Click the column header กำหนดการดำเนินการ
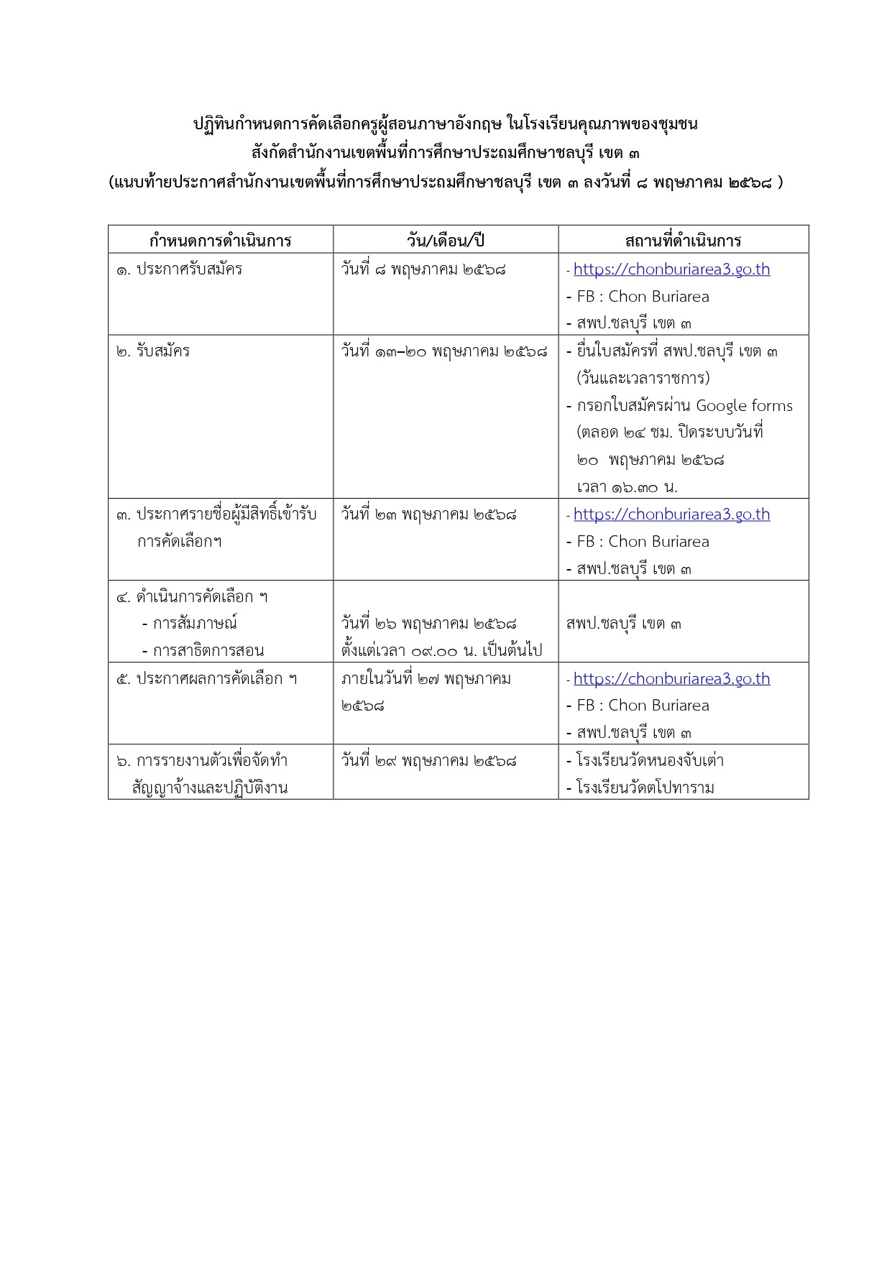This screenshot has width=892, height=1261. pos(220,240)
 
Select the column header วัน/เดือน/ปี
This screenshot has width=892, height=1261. pos(446,240)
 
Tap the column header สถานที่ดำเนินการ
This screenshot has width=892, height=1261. pos(683,240)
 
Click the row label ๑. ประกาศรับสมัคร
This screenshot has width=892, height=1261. pos(180,269)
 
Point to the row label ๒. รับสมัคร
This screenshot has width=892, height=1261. pos(153,351)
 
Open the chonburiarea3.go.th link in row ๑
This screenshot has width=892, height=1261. pos(671,269)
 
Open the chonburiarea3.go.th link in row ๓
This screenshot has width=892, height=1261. pos(671,514)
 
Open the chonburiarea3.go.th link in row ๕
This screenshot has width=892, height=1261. pos(671,679)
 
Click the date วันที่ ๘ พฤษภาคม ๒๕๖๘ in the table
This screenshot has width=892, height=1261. pos(423,269)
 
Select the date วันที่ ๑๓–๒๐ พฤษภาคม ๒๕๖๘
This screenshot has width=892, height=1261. pos(443,351)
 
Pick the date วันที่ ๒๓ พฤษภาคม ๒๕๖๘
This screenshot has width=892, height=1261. pos(428,514)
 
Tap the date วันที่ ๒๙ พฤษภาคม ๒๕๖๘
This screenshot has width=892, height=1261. pos(428,761)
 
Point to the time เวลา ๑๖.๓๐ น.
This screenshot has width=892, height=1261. pos(627,487)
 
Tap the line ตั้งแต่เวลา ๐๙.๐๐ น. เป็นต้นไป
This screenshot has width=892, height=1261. pos(441,651)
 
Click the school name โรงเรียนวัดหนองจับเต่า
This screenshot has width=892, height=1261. pos(650,761)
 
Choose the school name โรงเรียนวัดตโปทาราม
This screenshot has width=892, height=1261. pos(645,788)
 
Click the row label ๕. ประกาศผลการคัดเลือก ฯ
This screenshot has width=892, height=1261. pos(207,679)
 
